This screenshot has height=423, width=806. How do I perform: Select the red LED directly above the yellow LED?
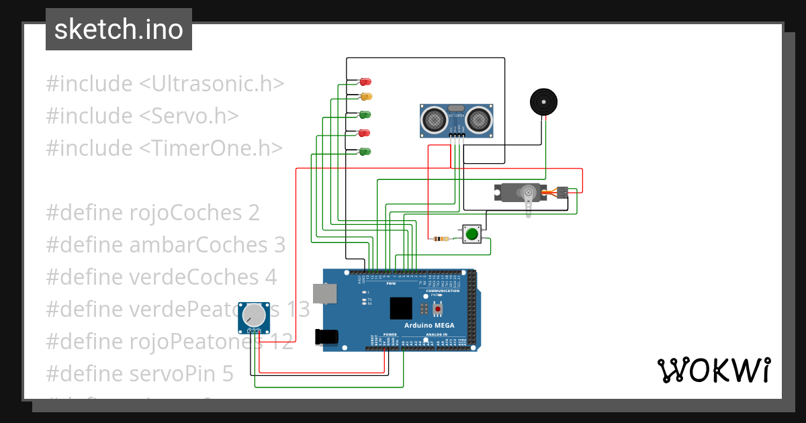click(365, 81)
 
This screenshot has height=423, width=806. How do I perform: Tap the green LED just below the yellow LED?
click(365, 115)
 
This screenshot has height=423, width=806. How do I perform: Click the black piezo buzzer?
click(543, 102)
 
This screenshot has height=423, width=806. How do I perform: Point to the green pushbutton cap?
click(472, 234)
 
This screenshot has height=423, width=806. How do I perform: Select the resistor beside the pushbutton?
click(441, 238)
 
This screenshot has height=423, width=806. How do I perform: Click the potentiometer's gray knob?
click(255, 315)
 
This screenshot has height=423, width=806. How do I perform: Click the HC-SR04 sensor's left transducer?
click(434, 120)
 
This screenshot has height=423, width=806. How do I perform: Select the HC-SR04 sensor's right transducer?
click(478, 120)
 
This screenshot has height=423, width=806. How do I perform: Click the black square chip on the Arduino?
click(401, 308)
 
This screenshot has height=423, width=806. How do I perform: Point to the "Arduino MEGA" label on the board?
click(429, 325)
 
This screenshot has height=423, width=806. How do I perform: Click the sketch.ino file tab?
click(119, 30)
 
